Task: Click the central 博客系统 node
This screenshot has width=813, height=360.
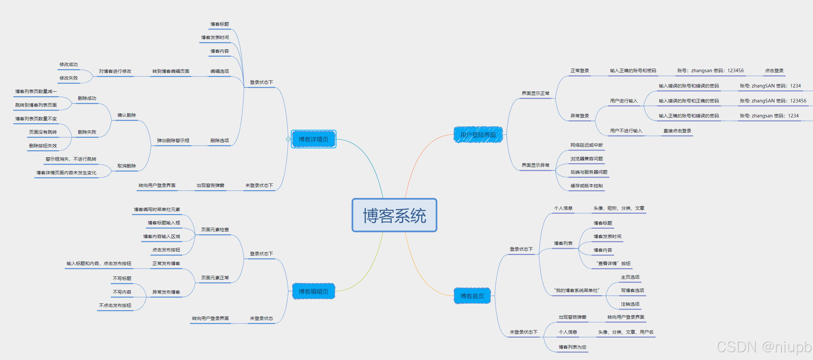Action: [x=394, y=215]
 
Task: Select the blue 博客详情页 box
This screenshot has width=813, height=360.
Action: [x=313, y=139]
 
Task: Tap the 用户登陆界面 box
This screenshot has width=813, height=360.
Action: [x=478, y=135]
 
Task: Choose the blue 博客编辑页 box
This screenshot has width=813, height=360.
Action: [x=313, y=291]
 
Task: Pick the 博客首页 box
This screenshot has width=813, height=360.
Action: [x=472, y=296]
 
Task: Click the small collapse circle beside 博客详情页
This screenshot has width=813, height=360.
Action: [x=288, y=139]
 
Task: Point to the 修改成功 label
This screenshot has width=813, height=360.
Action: [x=69, y=65]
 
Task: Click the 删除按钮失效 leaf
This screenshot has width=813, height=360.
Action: [x=43, y=146]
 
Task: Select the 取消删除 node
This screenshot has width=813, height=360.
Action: [x=127, y=166]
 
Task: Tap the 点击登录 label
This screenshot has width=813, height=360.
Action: [x=774, y=71]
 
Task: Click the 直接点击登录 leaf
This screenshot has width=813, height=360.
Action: [x=677, y=131]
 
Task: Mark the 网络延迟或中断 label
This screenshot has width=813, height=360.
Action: [x=586, y=145]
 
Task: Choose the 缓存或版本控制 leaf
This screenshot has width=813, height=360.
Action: [x=586, y=186]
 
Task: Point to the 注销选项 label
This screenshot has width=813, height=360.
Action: [x=630, y=304]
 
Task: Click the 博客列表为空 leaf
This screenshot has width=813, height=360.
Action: [x=572, y=347]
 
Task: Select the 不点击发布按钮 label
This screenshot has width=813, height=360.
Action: [x=115, y=305]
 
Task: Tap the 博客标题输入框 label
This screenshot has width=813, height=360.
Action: [x=164, y=223]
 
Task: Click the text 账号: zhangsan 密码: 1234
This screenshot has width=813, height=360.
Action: [x=769, y=116]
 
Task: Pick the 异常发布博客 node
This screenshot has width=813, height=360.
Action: [x=166, y=292]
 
